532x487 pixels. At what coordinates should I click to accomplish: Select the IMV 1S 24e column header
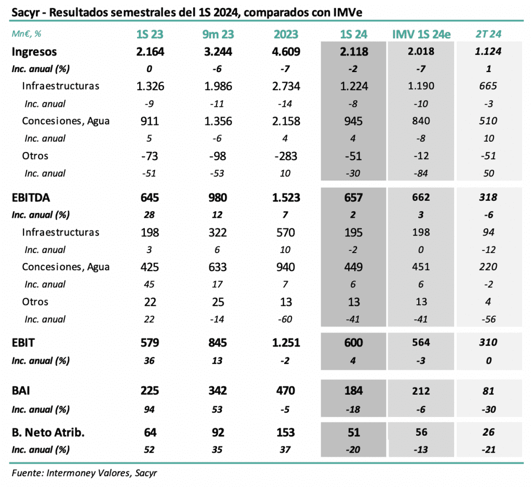[x=421, y=35]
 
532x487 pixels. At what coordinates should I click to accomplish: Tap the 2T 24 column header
[x=488, y=35]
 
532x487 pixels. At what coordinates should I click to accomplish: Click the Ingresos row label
[x=34, y=51]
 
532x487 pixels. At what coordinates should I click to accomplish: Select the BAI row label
[x=21, y=391]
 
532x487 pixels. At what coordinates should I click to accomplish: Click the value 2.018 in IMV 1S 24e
[x=421, y=51]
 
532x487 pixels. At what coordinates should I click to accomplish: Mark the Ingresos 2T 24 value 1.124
[x=488, y=51]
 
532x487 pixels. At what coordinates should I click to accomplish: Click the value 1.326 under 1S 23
[x=150, y=86]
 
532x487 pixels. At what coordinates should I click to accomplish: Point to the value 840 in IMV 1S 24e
[x=421, y=121]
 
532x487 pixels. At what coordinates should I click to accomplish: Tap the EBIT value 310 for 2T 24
[x=488, y=342]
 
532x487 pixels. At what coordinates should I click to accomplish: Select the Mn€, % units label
[x=27, y=35]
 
